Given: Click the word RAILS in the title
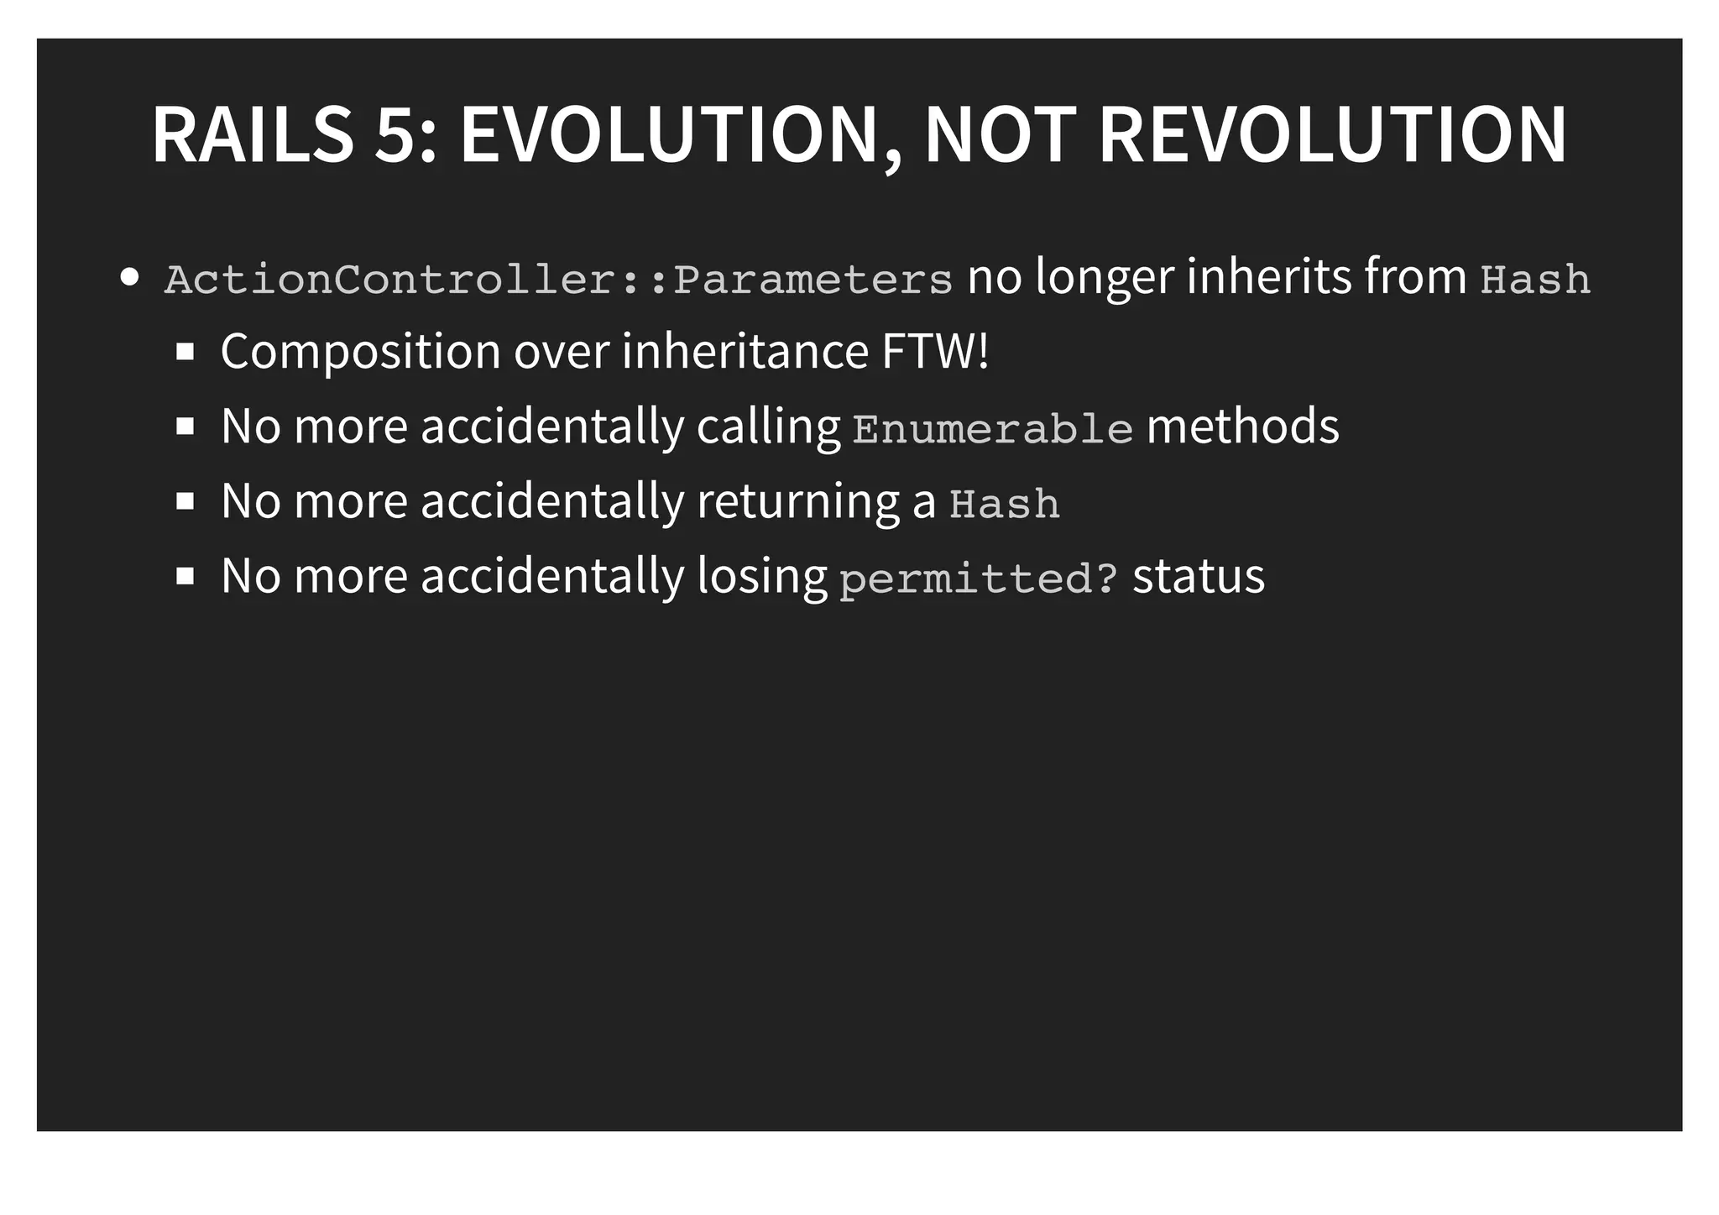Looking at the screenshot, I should tap(253, 134).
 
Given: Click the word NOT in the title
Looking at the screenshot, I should tap(1001, 134).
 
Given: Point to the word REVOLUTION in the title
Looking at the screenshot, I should tap(1332, 134).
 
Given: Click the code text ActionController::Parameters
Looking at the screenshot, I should tap(558, 280).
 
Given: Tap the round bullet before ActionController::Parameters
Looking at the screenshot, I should tap(129, 278).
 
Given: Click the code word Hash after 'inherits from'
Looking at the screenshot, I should tap(1534, 280).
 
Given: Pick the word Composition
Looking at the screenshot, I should tap(361, 351).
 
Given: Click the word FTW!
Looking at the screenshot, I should tap(935, 351).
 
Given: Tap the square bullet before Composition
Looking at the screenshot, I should tap(185, 351).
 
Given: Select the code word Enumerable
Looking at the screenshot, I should tap(993, 429).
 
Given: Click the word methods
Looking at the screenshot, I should tap(1242, 426).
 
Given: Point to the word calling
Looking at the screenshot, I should tap(768, 427).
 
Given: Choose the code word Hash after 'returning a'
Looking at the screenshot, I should tap(1005, 504).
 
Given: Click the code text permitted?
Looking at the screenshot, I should tap(979, 579).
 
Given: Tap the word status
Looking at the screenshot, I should tap(1199, 577).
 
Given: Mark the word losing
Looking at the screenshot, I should tap(762, 577).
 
